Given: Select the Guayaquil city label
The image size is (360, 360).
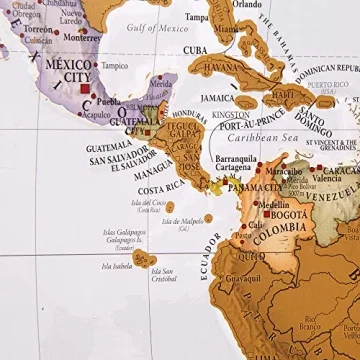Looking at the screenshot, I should [x=243, y=278].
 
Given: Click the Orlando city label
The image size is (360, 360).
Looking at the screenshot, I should [x=248, y=4].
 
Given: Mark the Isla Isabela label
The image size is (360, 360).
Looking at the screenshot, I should [x=116, y=266].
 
